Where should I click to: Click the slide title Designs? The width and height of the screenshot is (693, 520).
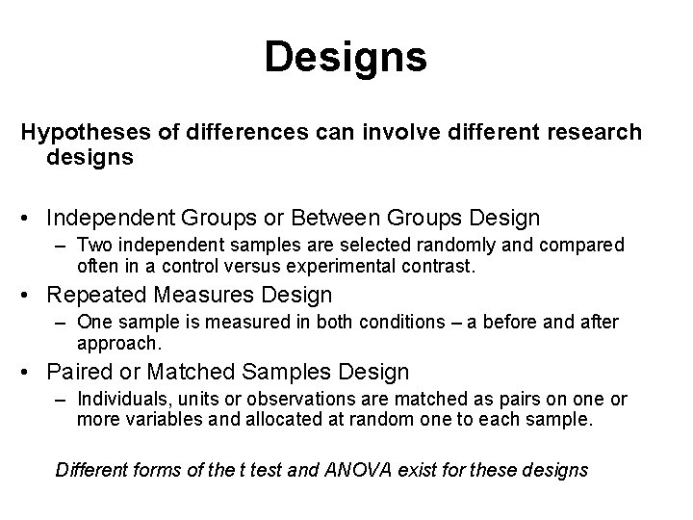tap(346, 57)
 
